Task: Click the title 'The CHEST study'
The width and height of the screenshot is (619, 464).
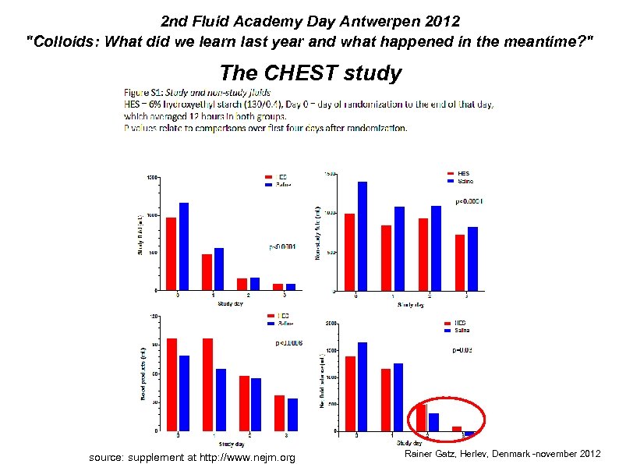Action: tap(310, 73)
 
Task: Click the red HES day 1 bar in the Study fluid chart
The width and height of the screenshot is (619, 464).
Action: tap(207, 271)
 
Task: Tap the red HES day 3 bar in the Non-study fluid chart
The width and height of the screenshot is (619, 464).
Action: tap(460, 262)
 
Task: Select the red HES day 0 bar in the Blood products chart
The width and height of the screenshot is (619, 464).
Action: tap(172, 384)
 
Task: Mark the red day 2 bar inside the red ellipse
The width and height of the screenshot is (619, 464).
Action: tap(422, 417)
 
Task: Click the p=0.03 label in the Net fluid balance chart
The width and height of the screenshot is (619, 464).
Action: tap(463, 351)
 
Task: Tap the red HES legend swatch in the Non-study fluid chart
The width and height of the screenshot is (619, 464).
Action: tap(451, 173)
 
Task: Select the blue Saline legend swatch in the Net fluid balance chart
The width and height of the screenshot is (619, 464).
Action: tap(447, 330)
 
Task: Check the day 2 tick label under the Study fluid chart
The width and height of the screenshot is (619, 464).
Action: tap(249, 295)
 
